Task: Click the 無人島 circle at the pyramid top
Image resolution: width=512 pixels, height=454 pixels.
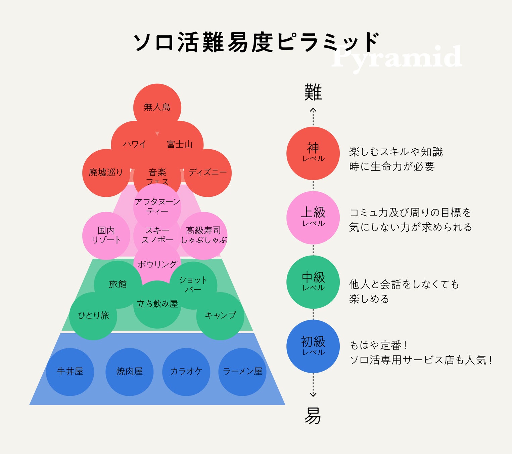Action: [157, 107]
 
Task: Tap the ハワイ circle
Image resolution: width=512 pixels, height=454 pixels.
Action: [134, 144]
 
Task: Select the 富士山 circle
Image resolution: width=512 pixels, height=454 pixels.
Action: [180, 144]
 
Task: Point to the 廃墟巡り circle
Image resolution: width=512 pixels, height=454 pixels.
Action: [106, 173]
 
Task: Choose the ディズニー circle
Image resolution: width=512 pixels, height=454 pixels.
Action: [208, 173]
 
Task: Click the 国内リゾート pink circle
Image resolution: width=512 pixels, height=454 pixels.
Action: [106, 235]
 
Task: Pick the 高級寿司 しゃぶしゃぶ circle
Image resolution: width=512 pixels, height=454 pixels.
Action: [204, 235]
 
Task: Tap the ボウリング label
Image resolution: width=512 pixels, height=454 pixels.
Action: [157, 264]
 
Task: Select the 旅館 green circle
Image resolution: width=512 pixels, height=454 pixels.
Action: [118, 284]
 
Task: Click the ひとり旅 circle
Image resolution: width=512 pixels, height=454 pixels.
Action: [93, 315]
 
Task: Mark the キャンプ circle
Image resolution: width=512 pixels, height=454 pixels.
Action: [220, 315]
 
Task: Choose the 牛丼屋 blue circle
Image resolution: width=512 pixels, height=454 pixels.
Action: [70, 372]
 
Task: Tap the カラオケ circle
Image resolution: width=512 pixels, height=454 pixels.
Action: [186, 372]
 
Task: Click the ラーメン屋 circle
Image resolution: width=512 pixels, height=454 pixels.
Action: [242, 372]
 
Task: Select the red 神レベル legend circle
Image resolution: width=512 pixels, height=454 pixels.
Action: [313, 153]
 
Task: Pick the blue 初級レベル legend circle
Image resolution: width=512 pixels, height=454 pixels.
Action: [313, 346]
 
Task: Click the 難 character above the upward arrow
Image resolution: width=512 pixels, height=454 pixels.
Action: [313, 92]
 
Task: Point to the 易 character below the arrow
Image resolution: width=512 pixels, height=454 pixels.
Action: [313, 416]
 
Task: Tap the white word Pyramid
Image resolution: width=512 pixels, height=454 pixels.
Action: [396, 57]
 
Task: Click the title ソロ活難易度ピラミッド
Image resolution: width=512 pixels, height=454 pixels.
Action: [257, 42]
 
